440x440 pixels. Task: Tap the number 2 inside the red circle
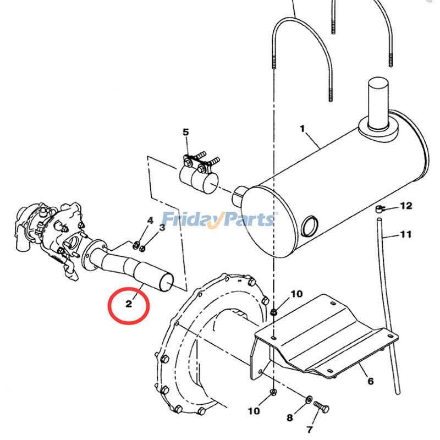(x=129, y=304)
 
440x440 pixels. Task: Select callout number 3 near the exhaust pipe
(x=162, y=227)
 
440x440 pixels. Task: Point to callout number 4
(x=150, y=221)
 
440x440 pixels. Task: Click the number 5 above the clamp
(x=185, y=132)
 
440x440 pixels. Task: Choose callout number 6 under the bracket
(x=371, y=381)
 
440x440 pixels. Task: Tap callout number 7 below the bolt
(x=310, y=430)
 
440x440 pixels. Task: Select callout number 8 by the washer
(x=290, y=418)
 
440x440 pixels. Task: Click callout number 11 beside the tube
(x=406, y=234)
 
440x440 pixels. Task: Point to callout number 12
(x=406, y=206)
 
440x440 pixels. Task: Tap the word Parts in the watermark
(x=249, y=219)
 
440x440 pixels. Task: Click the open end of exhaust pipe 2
(x=166, y=282)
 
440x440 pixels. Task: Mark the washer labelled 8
(x=307, y=398)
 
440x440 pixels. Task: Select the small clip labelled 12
(x=380, y=208)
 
